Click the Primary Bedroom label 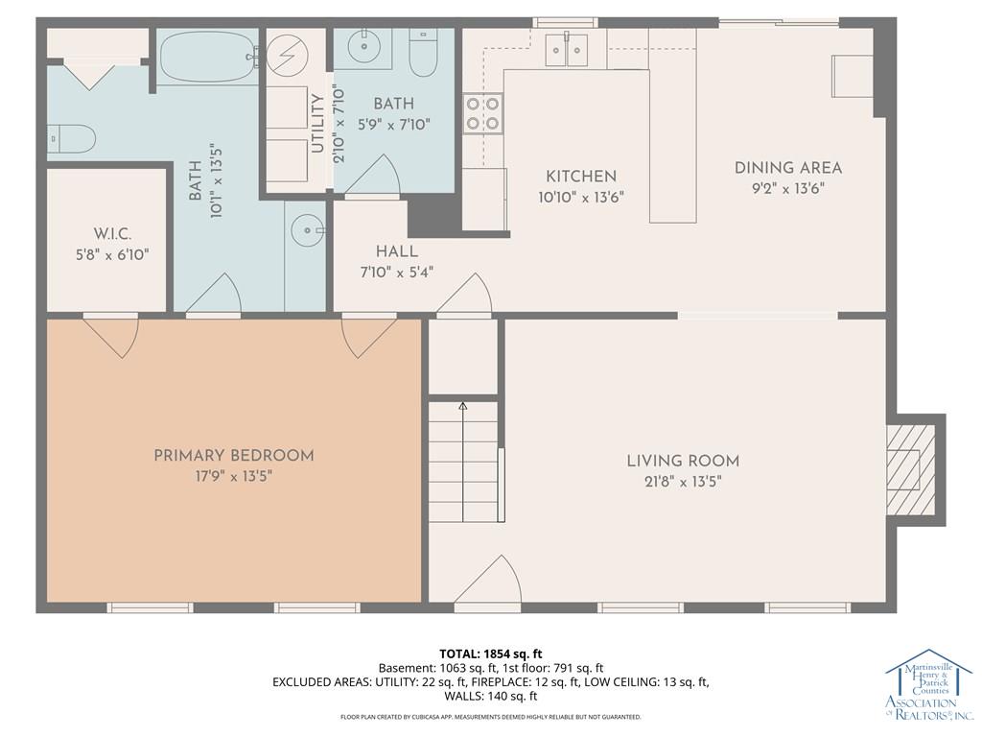(234, 456)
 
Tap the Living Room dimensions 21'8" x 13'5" (683, 482)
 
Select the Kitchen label (581, 177)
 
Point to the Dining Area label (788, 168)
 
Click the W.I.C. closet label (113, 234)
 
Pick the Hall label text (397, 252)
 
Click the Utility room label (317, 124)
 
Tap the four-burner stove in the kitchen (482, 113)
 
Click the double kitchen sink (566, 50)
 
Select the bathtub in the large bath (207, 57)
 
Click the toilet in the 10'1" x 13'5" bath (71, 138)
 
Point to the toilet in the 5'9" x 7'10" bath (423, 53)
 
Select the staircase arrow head (463, 406)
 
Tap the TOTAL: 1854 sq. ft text (490, 654)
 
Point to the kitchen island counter (672, 146)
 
